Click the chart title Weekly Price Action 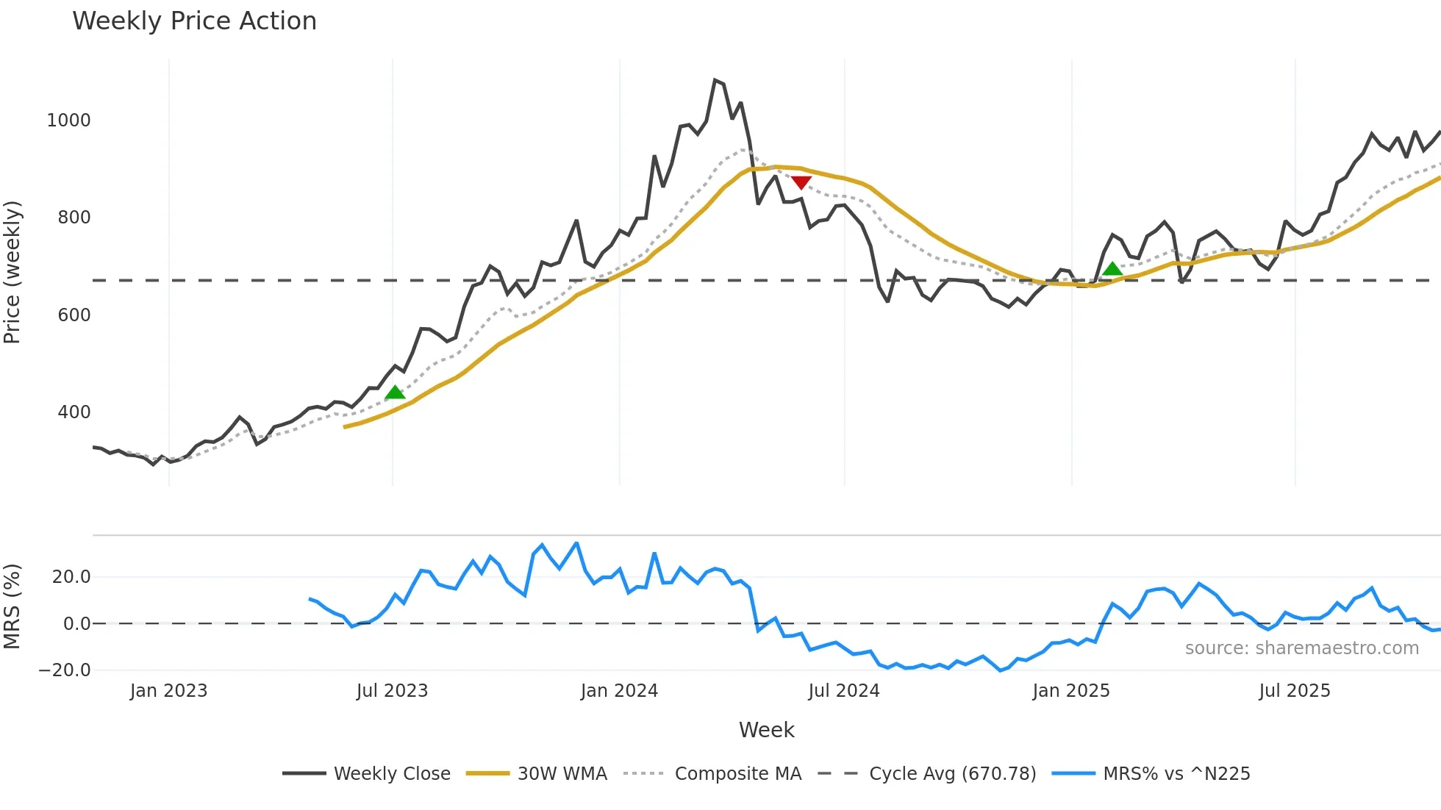point(194,21)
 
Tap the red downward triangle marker point(801,182)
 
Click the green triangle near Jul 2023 point(395,393)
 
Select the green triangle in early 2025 point(1112,269)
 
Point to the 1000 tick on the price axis point(68,121)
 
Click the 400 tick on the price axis point(74,412)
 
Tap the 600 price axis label point(74,315)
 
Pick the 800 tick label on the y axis point(74,218)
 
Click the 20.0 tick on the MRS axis point(71,577)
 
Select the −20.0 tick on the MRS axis point(65,670)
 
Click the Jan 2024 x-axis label point(619,691)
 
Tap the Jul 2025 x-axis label point(1294,691)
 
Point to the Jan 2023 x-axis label point(168,691)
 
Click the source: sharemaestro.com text point(1301,648)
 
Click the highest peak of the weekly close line point(715,80)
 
